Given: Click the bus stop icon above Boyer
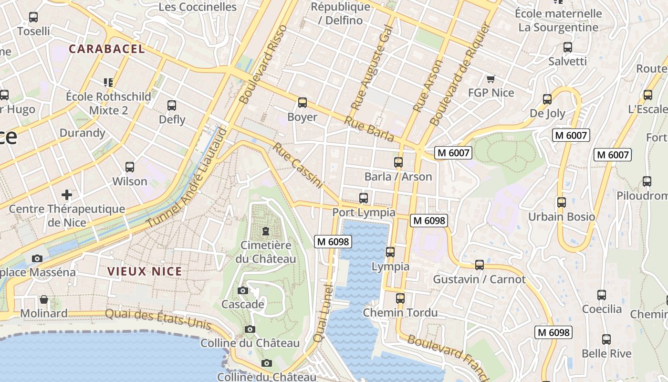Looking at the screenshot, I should (x=302, y=103).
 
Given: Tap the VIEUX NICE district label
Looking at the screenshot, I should (x=145, y=272).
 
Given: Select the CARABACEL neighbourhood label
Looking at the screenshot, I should (x=106, y=49).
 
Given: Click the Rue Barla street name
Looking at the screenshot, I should (x=369, y=129).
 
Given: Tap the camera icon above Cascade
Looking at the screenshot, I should (x=242, y=290).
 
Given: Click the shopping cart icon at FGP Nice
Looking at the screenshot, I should (x=491, y=79).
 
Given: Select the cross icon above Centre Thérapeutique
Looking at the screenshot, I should (x=67, y=194).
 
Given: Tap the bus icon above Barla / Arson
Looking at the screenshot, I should (x=398, y=162).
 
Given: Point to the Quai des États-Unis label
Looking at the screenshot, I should (x=158, y=319).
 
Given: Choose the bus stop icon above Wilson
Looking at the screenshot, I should (x=129, y=167).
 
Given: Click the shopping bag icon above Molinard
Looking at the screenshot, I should (x=44, y=299).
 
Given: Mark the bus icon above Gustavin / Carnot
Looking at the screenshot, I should (x=480, y=265).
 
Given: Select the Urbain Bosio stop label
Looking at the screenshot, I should (x=561, y=217).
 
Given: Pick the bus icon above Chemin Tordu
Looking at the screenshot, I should (x=400, y=298).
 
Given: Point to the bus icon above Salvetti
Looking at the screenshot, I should (x=567, y=47).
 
